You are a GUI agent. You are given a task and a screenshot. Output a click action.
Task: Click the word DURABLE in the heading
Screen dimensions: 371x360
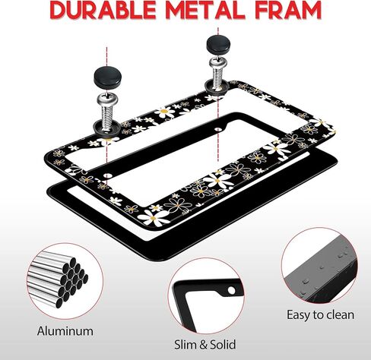103,11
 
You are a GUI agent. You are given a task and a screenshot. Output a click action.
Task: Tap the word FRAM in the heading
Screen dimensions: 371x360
288,11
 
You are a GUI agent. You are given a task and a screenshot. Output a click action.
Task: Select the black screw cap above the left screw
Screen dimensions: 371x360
107,77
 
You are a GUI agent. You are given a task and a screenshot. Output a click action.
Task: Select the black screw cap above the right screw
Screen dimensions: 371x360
219,45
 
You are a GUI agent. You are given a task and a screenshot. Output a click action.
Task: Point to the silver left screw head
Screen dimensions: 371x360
107,99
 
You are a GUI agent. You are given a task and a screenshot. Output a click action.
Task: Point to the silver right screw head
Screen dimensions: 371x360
218,63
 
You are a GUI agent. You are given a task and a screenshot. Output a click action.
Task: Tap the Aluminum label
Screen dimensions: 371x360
65,331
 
